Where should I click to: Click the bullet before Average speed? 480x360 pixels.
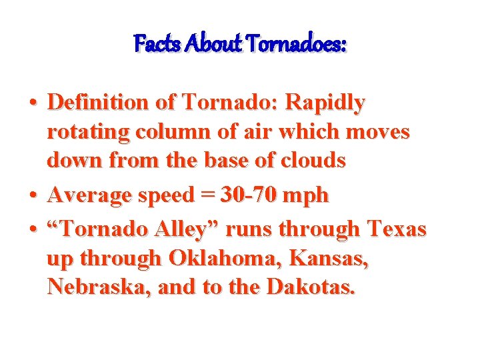tap(33, 196)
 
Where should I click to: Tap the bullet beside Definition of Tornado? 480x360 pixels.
tap(33, 104)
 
